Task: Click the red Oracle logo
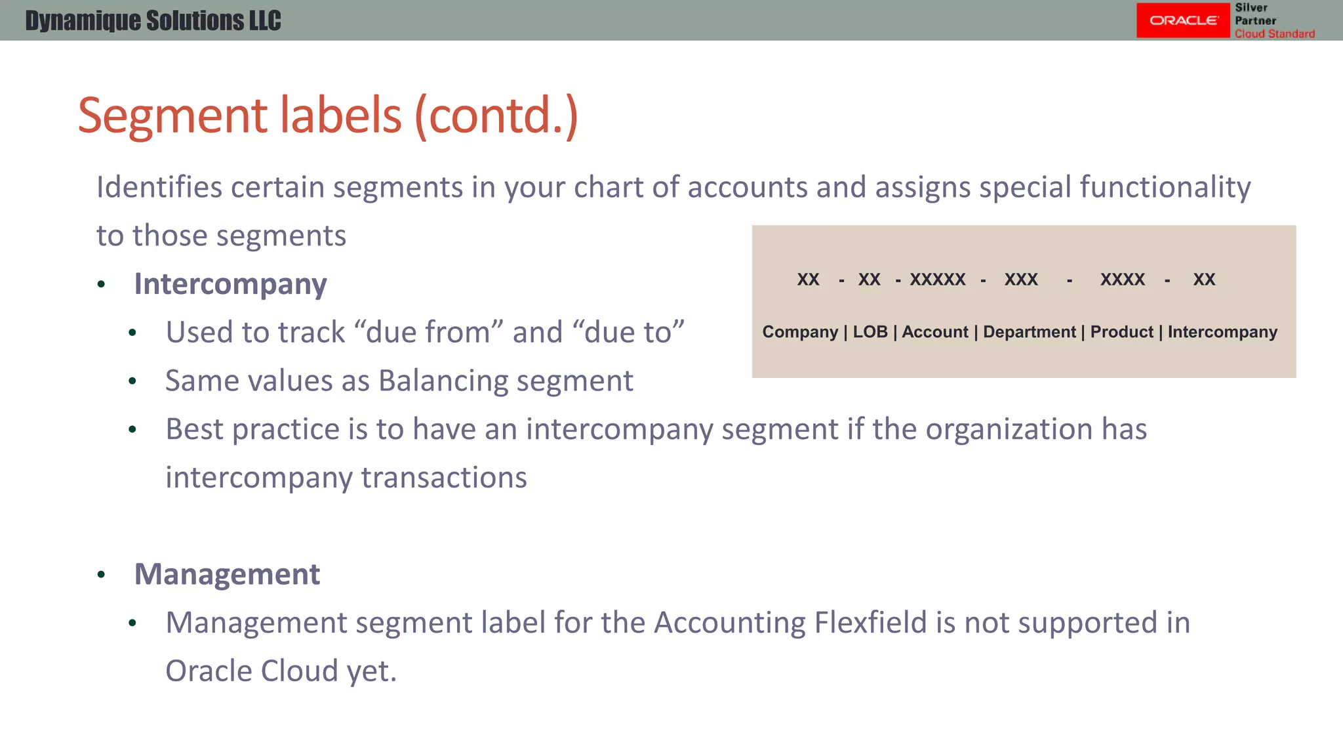coord(1182,20)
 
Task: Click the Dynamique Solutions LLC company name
coord(153,21)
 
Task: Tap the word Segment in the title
coord(172,115)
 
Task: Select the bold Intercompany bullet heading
coord(230,284)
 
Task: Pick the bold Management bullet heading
coord(227,574)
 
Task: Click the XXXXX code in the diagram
coord(937,280)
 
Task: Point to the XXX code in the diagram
coord(1021,280)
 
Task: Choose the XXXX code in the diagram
coord(1122,280)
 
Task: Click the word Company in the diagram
coord(800,332)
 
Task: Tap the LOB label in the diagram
coord(870,332)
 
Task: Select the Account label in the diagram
coord(934,332)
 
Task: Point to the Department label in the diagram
coord(1029,332)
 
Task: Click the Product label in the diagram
coord(1121,332)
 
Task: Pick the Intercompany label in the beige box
coord(1222,332)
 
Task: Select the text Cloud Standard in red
coord(1275,33)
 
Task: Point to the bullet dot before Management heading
coord(101,576)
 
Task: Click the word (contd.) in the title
coord(496,115)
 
